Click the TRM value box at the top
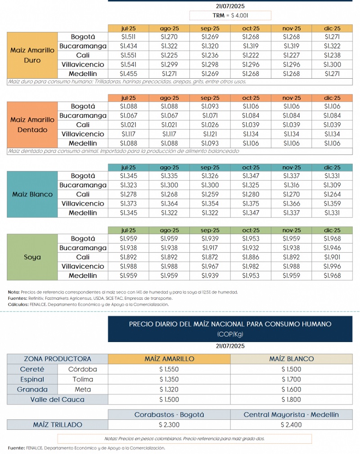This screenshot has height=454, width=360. click(x=230, y=16)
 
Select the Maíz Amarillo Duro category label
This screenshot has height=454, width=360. click(x=32, y=55)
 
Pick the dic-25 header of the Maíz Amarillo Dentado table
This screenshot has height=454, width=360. click(x=332, y=98)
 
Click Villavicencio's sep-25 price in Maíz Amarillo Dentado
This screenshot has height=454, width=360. click(x=210, y=134)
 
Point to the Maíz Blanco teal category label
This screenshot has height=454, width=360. click(x=32, y=195)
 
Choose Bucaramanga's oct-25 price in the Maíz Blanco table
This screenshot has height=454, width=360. click(x=251, y=185)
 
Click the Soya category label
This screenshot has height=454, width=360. click(x=32, y=257)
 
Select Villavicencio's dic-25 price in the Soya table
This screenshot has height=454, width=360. click(x=332, y=266)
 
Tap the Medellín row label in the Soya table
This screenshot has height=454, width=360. click(x=83, y=275)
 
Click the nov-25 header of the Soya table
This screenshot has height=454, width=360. click(x=291, y=230)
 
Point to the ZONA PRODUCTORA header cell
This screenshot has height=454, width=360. click(x=57, y=359)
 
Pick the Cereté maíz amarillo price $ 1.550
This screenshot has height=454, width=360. click(x=169, y=369)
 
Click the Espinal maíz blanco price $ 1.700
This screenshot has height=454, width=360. click(x=291, y=379)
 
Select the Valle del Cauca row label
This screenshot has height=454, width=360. click(x=57, y=399)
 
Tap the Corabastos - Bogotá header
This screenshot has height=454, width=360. click(x=169, y=414)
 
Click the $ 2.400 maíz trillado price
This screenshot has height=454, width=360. click(x=291, y=424)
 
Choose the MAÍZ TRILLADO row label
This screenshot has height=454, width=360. click(x=57, y=424)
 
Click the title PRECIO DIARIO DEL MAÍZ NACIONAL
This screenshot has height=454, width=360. click(x=230, y=324)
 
